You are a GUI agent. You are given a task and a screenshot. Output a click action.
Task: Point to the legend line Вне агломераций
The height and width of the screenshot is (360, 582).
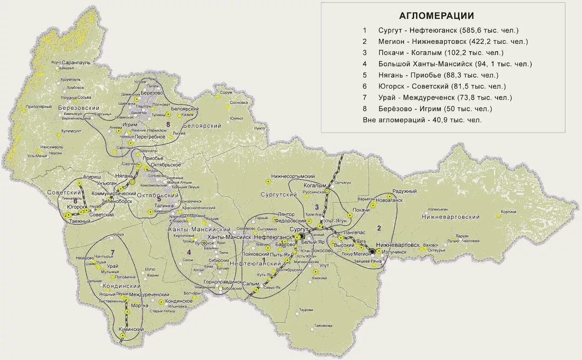click(422, 120)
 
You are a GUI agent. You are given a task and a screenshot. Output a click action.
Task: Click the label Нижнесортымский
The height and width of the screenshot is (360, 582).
click(293, 176)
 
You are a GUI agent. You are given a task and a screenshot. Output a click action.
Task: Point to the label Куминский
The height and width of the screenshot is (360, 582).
click(131, 329)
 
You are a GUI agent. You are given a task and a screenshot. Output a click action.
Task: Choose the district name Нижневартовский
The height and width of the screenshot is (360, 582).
click(450, 216)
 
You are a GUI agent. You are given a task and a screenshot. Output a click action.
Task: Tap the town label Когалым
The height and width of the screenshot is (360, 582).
click(315, 185)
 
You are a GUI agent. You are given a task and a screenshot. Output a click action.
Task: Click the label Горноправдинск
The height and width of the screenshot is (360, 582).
click(223, 281)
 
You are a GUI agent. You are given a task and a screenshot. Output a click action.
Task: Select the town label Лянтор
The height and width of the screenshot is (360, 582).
click(286, 215)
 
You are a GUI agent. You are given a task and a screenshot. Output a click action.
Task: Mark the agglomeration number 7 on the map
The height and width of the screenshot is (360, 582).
click(112, 252)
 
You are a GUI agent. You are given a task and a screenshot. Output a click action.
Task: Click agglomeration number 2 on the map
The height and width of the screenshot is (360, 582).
click(379, 228)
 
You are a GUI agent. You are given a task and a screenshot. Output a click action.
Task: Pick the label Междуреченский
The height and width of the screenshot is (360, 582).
click(149, 294)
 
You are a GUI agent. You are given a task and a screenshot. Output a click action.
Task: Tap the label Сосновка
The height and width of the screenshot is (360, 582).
click(238, 102)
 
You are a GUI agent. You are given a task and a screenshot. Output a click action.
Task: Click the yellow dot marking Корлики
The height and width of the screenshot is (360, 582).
click(499, 216)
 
